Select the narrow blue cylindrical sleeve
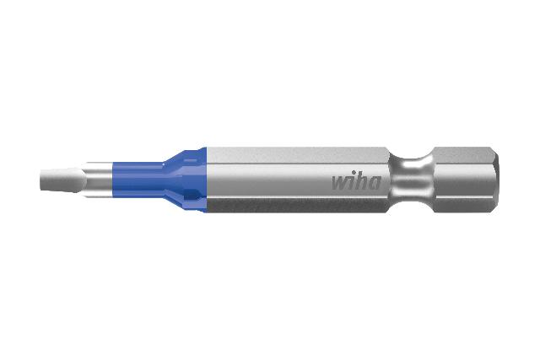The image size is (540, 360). coord(139,180)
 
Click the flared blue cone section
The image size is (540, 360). coord(181,179)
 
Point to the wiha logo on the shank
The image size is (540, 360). coord(355,180)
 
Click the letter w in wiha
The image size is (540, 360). coord(338,182)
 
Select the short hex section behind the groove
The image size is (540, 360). coord(460,179)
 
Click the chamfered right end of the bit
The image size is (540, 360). coord(492,180)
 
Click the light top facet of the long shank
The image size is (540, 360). coord(295,153)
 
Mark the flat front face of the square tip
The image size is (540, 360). coord(42,180)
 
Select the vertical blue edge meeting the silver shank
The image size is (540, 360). coord(203,179)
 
